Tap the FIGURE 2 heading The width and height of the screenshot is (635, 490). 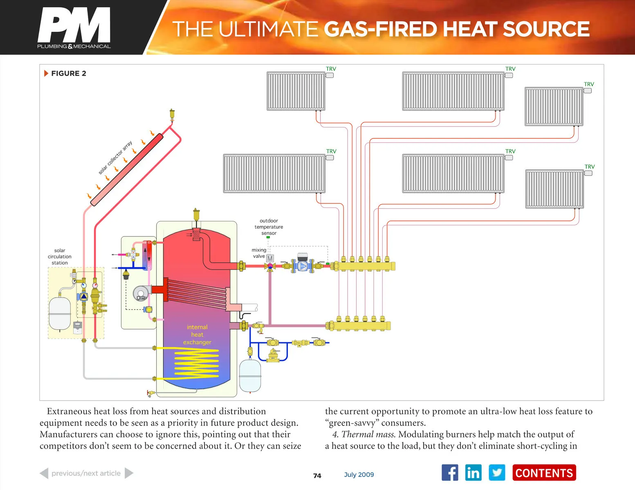click(68, 73)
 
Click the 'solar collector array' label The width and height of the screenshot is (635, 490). click(115, 158)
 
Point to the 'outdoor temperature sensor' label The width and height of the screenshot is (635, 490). click(269, 227)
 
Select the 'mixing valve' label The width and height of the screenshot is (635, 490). click(258, 253)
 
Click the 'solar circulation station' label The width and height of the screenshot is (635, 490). click(60, 256)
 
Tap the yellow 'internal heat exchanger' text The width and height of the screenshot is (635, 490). click(197, 334)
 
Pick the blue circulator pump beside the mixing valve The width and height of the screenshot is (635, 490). click(303, 266)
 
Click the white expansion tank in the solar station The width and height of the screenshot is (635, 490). click(60, 313)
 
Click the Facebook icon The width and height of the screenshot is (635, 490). click(450, 473)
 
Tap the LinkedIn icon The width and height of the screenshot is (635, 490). click(473, 473)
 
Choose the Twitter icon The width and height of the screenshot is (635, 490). click(497, 473)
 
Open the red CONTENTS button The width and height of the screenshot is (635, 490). click(544, 473)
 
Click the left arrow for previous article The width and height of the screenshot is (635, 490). click(44, 473)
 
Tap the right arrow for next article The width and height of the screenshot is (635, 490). click(129, 473)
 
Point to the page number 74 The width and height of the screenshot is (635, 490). click(317, 476)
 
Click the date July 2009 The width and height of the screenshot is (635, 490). click(359, 474)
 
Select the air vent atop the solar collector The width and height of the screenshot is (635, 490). click(172, 115)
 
